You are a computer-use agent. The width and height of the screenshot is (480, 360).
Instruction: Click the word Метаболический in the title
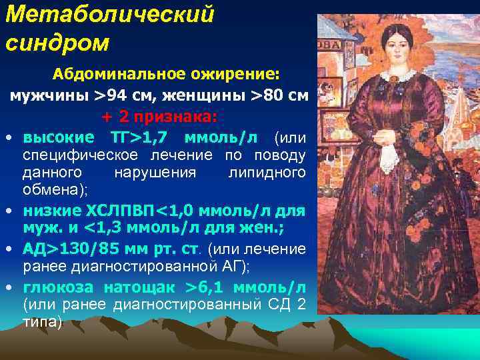click(x=110, y=15)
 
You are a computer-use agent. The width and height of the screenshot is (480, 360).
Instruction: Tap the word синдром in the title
click(x=57, y=43)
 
